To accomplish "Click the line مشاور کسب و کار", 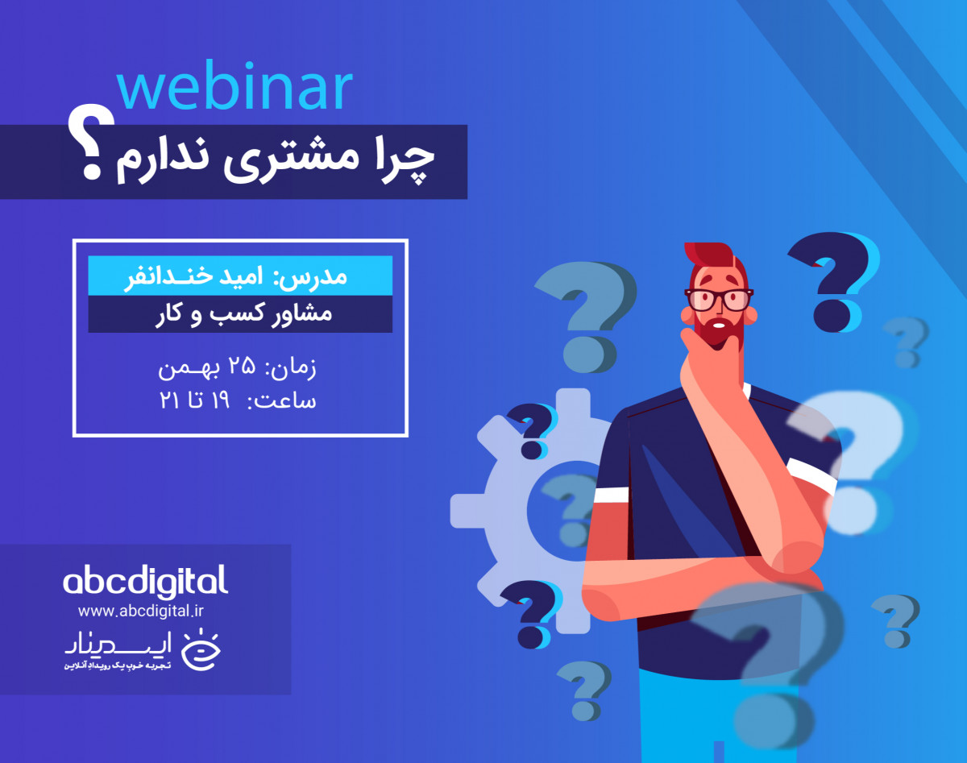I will [x=243, y=314].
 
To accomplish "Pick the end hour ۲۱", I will [x=170, y=400].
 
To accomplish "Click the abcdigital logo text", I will [x=145, y=580].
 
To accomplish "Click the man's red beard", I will [x=720, y=330].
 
